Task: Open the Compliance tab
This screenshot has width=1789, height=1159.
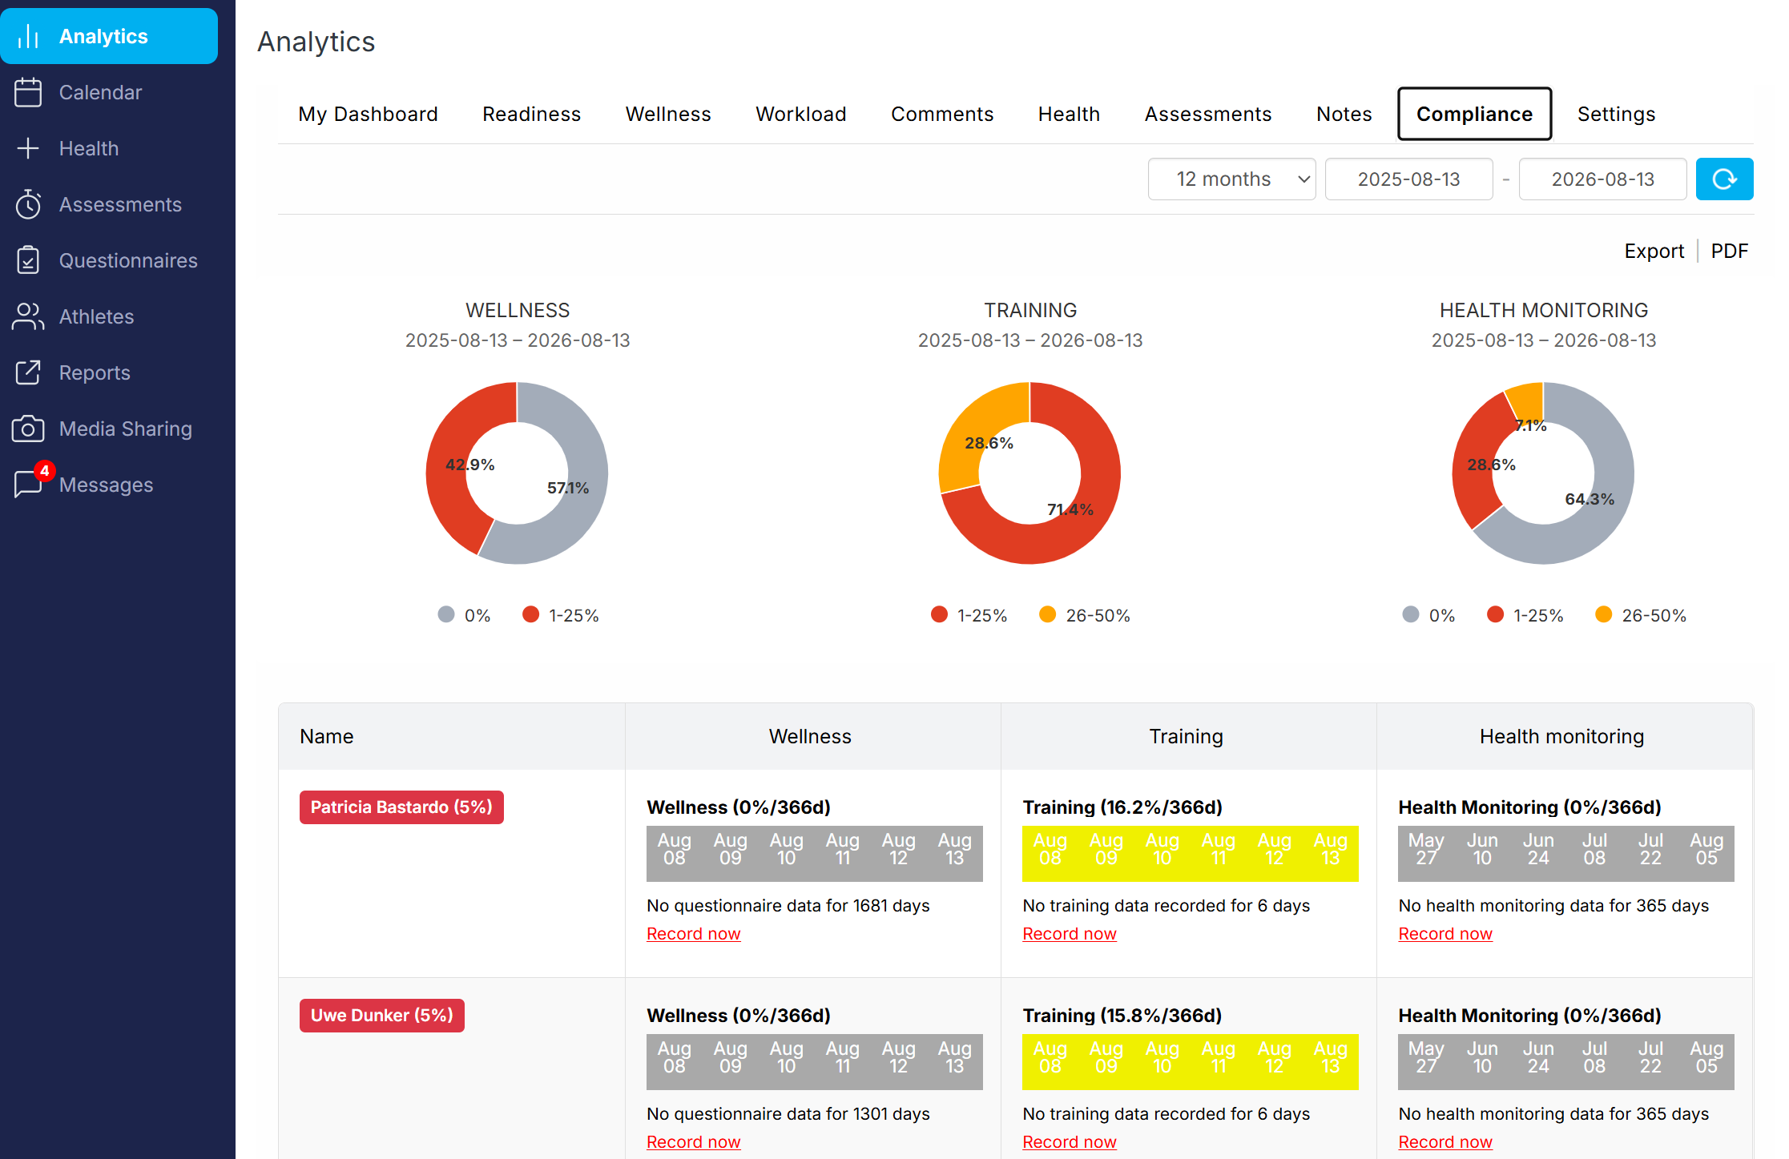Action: click(1474, 114)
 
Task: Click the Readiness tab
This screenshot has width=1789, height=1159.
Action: click(531, 114)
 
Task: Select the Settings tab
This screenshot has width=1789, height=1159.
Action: click(1616, 114)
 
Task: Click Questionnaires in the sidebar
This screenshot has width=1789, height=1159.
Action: click(128, 260)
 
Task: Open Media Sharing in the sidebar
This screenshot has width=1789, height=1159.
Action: click(126, 429)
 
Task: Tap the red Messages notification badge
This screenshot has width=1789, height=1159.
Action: click(45, 470)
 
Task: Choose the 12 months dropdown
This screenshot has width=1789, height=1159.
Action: click(1231, 179)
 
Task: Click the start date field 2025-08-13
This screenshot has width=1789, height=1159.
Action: click(1408, 179)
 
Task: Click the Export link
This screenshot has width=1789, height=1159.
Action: click(1654, 251)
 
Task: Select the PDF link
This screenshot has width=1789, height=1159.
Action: click(1729, 251)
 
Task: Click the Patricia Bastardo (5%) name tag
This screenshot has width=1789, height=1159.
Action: click(401, 807)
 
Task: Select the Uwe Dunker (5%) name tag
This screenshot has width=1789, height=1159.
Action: click(381, 1015)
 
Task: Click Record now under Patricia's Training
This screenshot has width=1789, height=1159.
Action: click(1069, 933)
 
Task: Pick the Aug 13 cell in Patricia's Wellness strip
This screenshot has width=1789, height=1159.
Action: click(954, 849)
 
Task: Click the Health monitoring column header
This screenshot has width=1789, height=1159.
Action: click(1561, 736)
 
